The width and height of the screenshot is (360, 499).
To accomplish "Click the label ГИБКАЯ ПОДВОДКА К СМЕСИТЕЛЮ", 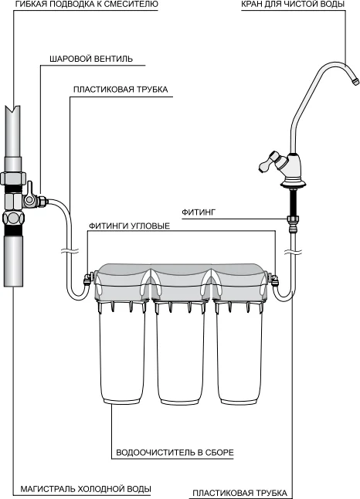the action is coord(87,5).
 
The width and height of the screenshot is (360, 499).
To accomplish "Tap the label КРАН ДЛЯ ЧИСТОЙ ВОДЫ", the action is coord(293,5).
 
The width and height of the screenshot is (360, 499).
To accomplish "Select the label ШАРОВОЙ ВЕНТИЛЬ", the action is coord(91,59).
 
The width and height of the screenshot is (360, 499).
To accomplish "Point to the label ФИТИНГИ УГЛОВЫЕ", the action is coord(129,226).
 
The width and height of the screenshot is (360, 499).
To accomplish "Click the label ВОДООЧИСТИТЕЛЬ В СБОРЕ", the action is coord(175,453).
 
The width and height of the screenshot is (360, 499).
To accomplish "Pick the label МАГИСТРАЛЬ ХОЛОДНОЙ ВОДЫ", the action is coord(86,489).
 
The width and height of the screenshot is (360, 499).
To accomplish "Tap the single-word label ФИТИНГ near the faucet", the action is coord(199,212).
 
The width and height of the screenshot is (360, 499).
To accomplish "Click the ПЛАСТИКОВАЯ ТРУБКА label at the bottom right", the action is coord(240,494).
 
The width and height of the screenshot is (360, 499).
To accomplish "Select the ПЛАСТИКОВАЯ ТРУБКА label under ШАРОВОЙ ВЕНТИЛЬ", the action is coord(121,90).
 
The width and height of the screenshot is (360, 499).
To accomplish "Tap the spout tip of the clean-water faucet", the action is coord(355,80).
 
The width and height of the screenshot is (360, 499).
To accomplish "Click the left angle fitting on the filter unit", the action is coord(87,279).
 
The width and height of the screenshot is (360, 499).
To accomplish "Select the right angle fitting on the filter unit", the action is coord(273,280).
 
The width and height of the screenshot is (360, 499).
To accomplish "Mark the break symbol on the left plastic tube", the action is coord(69,251).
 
